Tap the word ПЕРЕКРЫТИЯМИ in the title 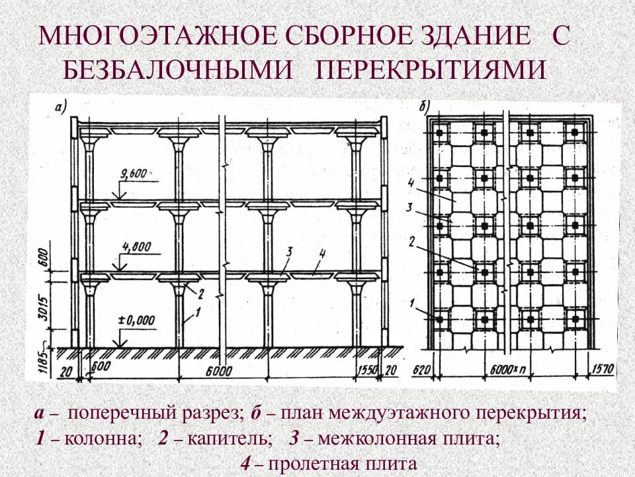[432, 69]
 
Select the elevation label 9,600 [134, 174]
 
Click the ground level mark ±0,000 [136, 320]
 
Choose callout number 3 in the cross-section [289, 251]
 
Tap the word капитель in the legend [229, 439]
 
